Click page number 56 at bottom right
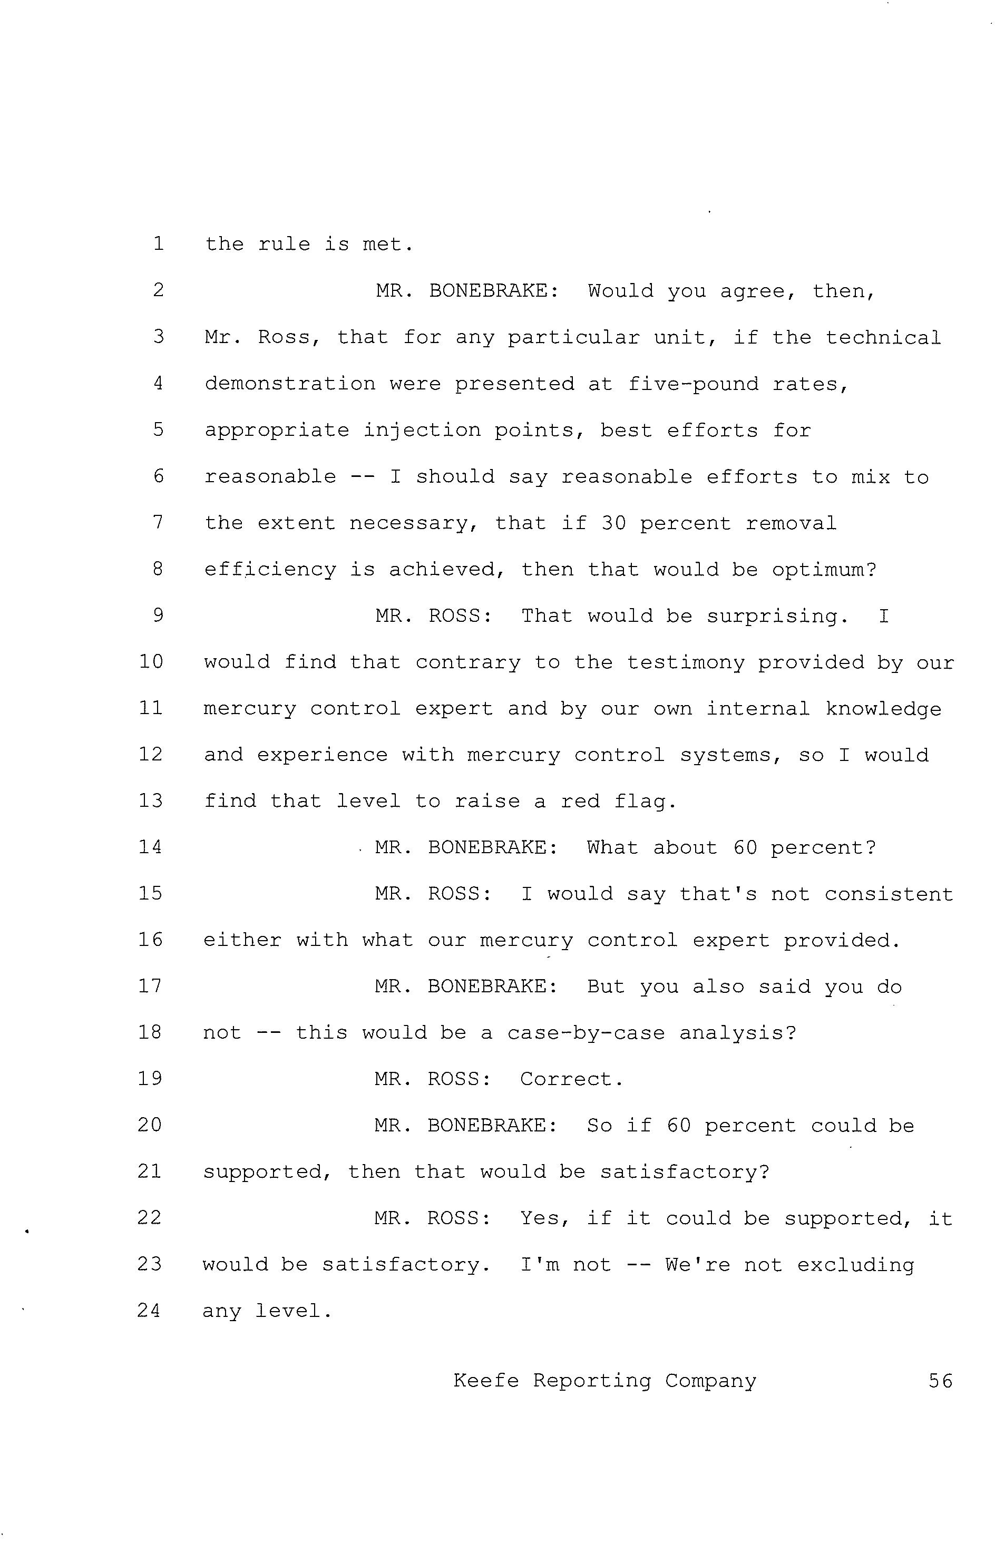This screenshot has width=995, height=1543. (x=940, y=1381)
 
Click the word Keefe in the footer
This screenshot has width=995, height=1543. (x=486, y=1381)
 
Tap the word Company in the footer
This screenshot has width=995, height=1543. (x=711, y=1381)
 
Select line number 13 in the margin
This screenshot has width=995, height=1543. (x=151, y=801)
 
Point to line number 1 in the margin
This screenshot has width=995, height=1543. (x=158, y=243)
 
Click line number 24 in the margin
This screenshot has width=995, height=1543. (x=149, y=1311)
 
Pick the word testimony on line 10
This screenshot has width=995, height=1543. (x=685, y=662)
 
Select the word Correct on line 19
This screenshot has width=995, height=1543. (x=571, y=1079)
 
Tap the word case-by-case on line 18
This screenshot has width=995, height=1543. (x=586, y=1033)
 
